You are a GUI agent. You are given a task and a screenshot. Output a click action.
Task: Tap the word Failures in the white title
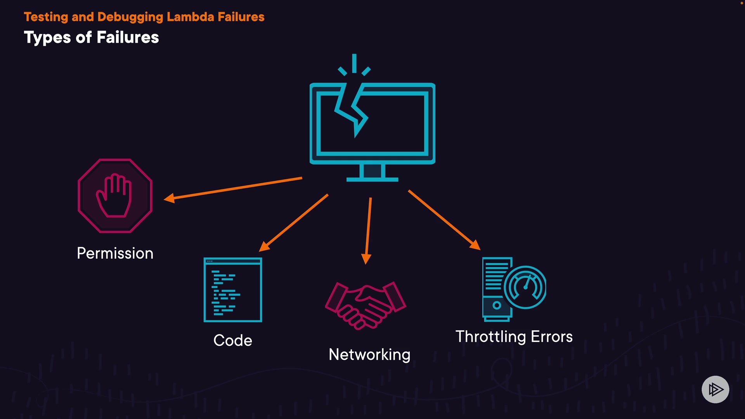coord(128,38)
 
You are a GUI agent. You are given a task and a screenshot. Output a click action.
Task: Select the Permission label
coord(115,253)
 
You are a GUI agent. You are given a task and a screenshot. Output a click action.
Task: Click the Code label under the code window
coord(233,340)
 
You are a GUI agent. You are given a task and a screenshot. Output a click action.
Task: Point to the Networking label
coord(369,355)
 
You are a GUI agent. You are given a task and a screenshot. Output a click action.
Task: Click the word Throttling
coord(491,337)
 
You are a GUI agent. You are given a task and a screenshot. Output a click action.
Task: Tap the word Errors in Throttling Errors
coord(552,337)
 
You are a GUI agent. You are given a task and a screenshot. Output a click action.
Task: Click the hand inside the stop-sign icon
coord(114,195)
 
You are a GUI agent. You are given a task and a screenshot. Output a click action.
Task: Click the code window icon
coord(233,290)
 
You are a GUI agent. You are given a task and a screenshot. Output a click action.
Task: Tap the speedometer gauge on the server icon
coord(525,287)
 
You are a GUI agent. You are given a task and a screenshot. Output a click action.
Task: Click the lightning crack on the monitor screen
coord(352,110)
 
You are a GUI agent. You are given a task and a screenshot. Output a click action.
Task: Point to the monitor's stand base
coord(372,179)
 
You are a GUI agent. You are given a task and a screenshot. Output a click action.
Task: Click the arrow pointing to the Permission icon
coord(233,189)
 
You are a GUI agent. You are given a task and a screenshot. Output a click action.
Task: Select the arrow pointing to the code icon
coord(293,223)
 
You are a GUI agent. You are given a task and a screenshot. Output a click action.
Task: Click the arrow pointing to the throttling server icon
coord(444,220)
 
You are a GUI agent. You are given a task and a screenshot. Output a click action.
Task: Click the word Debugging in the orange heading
coord(130,17)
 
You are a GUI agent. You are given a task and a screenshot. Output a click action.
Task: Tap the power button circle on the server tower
coord(497,305)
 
